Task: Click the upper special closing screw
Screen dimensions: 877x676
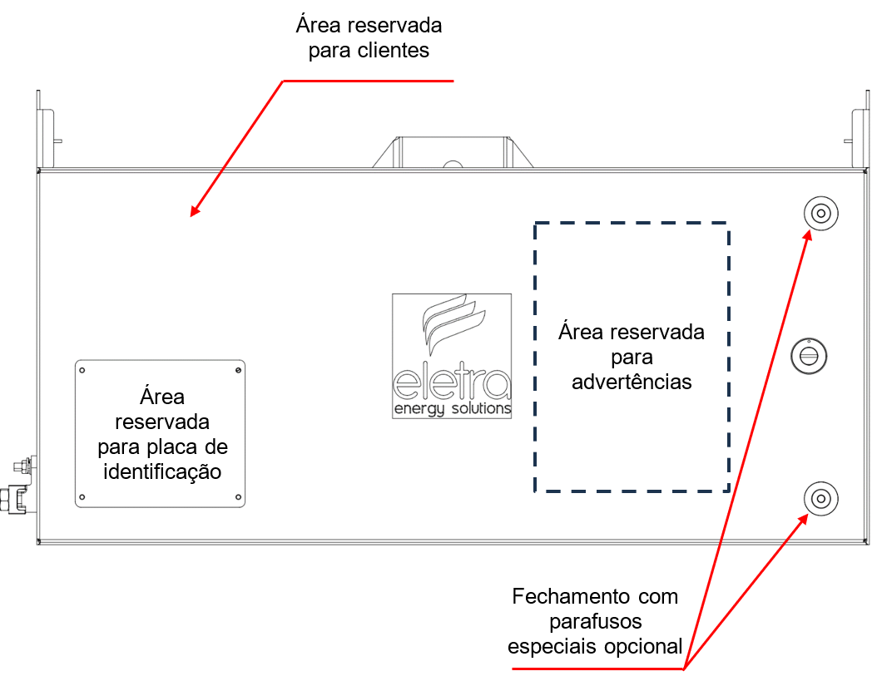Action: (820, 213)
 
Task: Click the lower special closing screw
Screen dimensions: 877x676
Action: (820, 498)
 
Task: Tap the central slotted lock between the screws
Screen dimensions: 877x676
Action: (809, 356)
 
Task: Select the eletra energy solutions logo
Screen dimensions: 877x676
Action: (452, 356)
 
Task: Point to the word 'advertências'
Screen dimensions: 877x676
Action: (632, 382)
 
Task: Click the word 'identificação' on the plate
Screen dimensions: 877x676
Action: (162, 472)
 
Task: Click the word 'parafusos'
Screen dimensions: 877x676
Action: (595, 622)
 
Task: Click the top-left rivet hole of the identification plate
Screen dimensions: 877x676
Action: (82, 370)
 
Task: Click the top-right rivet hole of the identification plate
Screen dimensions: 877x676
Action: (238, 370)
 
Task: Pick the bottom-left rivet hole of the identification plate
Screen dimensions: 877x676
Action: (82, 497)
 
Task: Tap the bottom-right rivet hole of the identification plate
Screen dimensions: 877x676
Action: (238, 497)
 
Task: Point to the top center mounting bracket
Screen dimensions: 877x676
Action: (453, 152)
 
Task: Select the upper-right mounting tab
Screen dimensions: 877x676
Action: (857, 129)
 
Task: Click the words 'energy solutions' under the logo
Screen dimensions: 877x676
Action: (453, 409)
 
